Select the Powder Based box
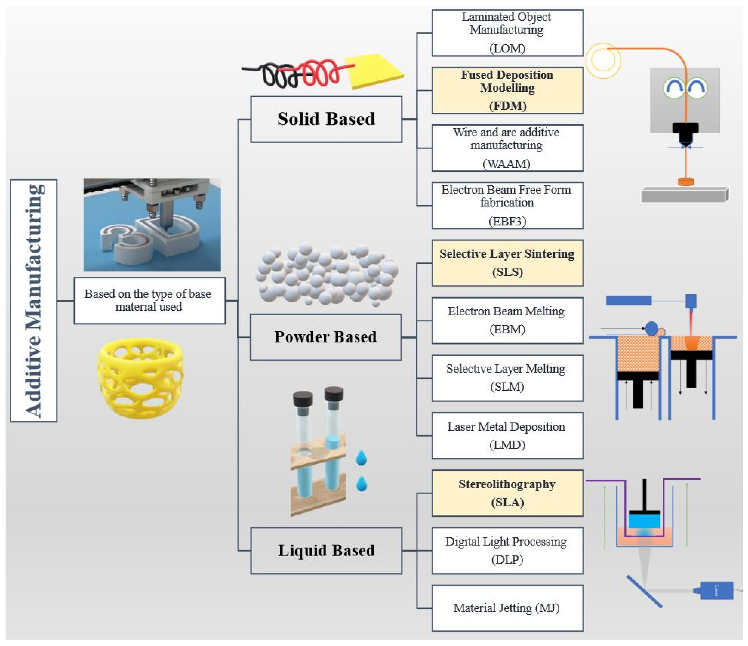(x=325, y=337)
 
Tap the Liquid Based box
(x=326, y=550)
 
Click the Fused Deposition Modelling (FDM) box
(x=507, y=90)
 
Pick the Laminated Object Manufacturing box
(x=507, y=32)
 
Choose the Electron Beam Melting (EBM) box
(x=507, y=320)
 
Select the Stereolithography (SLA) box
(x=507, y=493)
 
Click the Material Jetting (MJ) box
(x=507, y=608)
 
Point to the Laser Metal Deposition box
(x=507, y=436)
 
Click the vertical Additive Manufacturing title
(x=34, y=300)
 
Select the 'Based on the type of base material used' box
(x=149, y=300)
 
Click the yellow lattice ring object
(x=141, y=378)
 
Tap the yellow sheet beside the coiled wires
(x=374, y=72)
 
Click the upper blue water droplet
(x=361, y=458)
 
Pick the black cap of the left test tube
(x=303, y=398)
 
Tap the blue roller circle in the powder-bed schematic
(x=651, y=329)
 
